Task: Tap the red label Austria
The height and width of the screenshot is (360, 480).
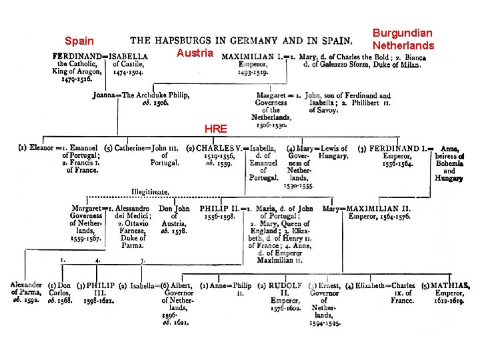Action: click(x=195, y=53)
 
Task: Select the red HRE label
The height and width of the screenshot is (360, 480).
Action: click(x=215, y=129)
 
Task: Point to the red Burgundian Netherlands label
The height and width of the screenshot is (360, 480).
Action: click(x=403, y=39)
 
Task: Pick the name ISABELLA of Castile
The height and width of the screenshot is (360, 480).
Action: click(x=130, y=57)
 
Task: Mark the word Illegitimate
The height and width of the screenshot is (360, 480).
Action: click(x=149, y=191)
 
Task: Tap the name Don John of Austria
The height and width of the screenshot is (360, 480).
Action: click(x=174, y=209)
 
